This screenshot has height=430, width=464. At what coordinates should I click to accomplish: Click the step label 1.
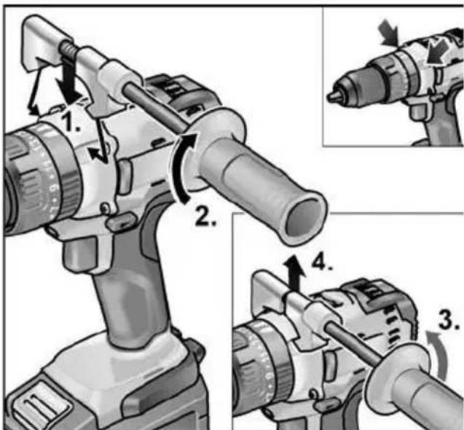coord(70,124)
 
